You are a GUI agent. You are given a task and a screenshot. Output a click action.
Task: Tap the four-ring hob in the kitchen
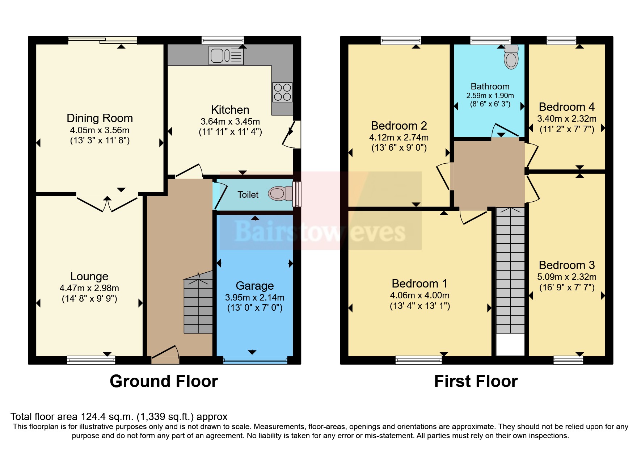(282, 92)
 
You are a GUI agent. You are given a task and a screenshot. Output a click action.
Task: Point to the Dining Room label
(100, 118)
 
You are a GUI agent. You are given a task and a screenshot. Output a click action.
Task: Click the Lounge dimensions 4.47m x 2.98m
(89, 288)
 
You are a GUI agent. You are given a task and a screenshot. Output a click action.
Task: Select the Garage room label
(254, 286)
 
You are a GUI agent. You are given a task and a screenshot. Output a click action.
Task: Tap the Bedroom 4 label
(566, 107)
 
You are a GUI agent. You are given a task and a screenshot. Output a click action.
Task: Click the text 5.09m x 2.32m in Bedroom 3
(566, 277)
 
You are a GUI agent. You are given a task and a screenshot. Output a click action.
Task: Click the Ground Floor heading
(164, 381)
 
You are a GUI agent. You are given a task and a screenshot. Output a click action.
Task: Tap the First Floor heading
(476, 381)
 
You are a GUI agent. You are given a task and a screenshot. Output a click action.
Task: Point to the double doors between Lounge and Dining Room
(107, 204)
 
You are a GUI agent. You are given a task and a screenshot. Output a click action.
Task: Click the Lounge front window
(91, 360)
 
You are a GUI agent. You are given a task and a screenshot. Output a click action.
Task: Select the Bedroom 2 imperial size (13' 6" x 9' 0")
(399, 148)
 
